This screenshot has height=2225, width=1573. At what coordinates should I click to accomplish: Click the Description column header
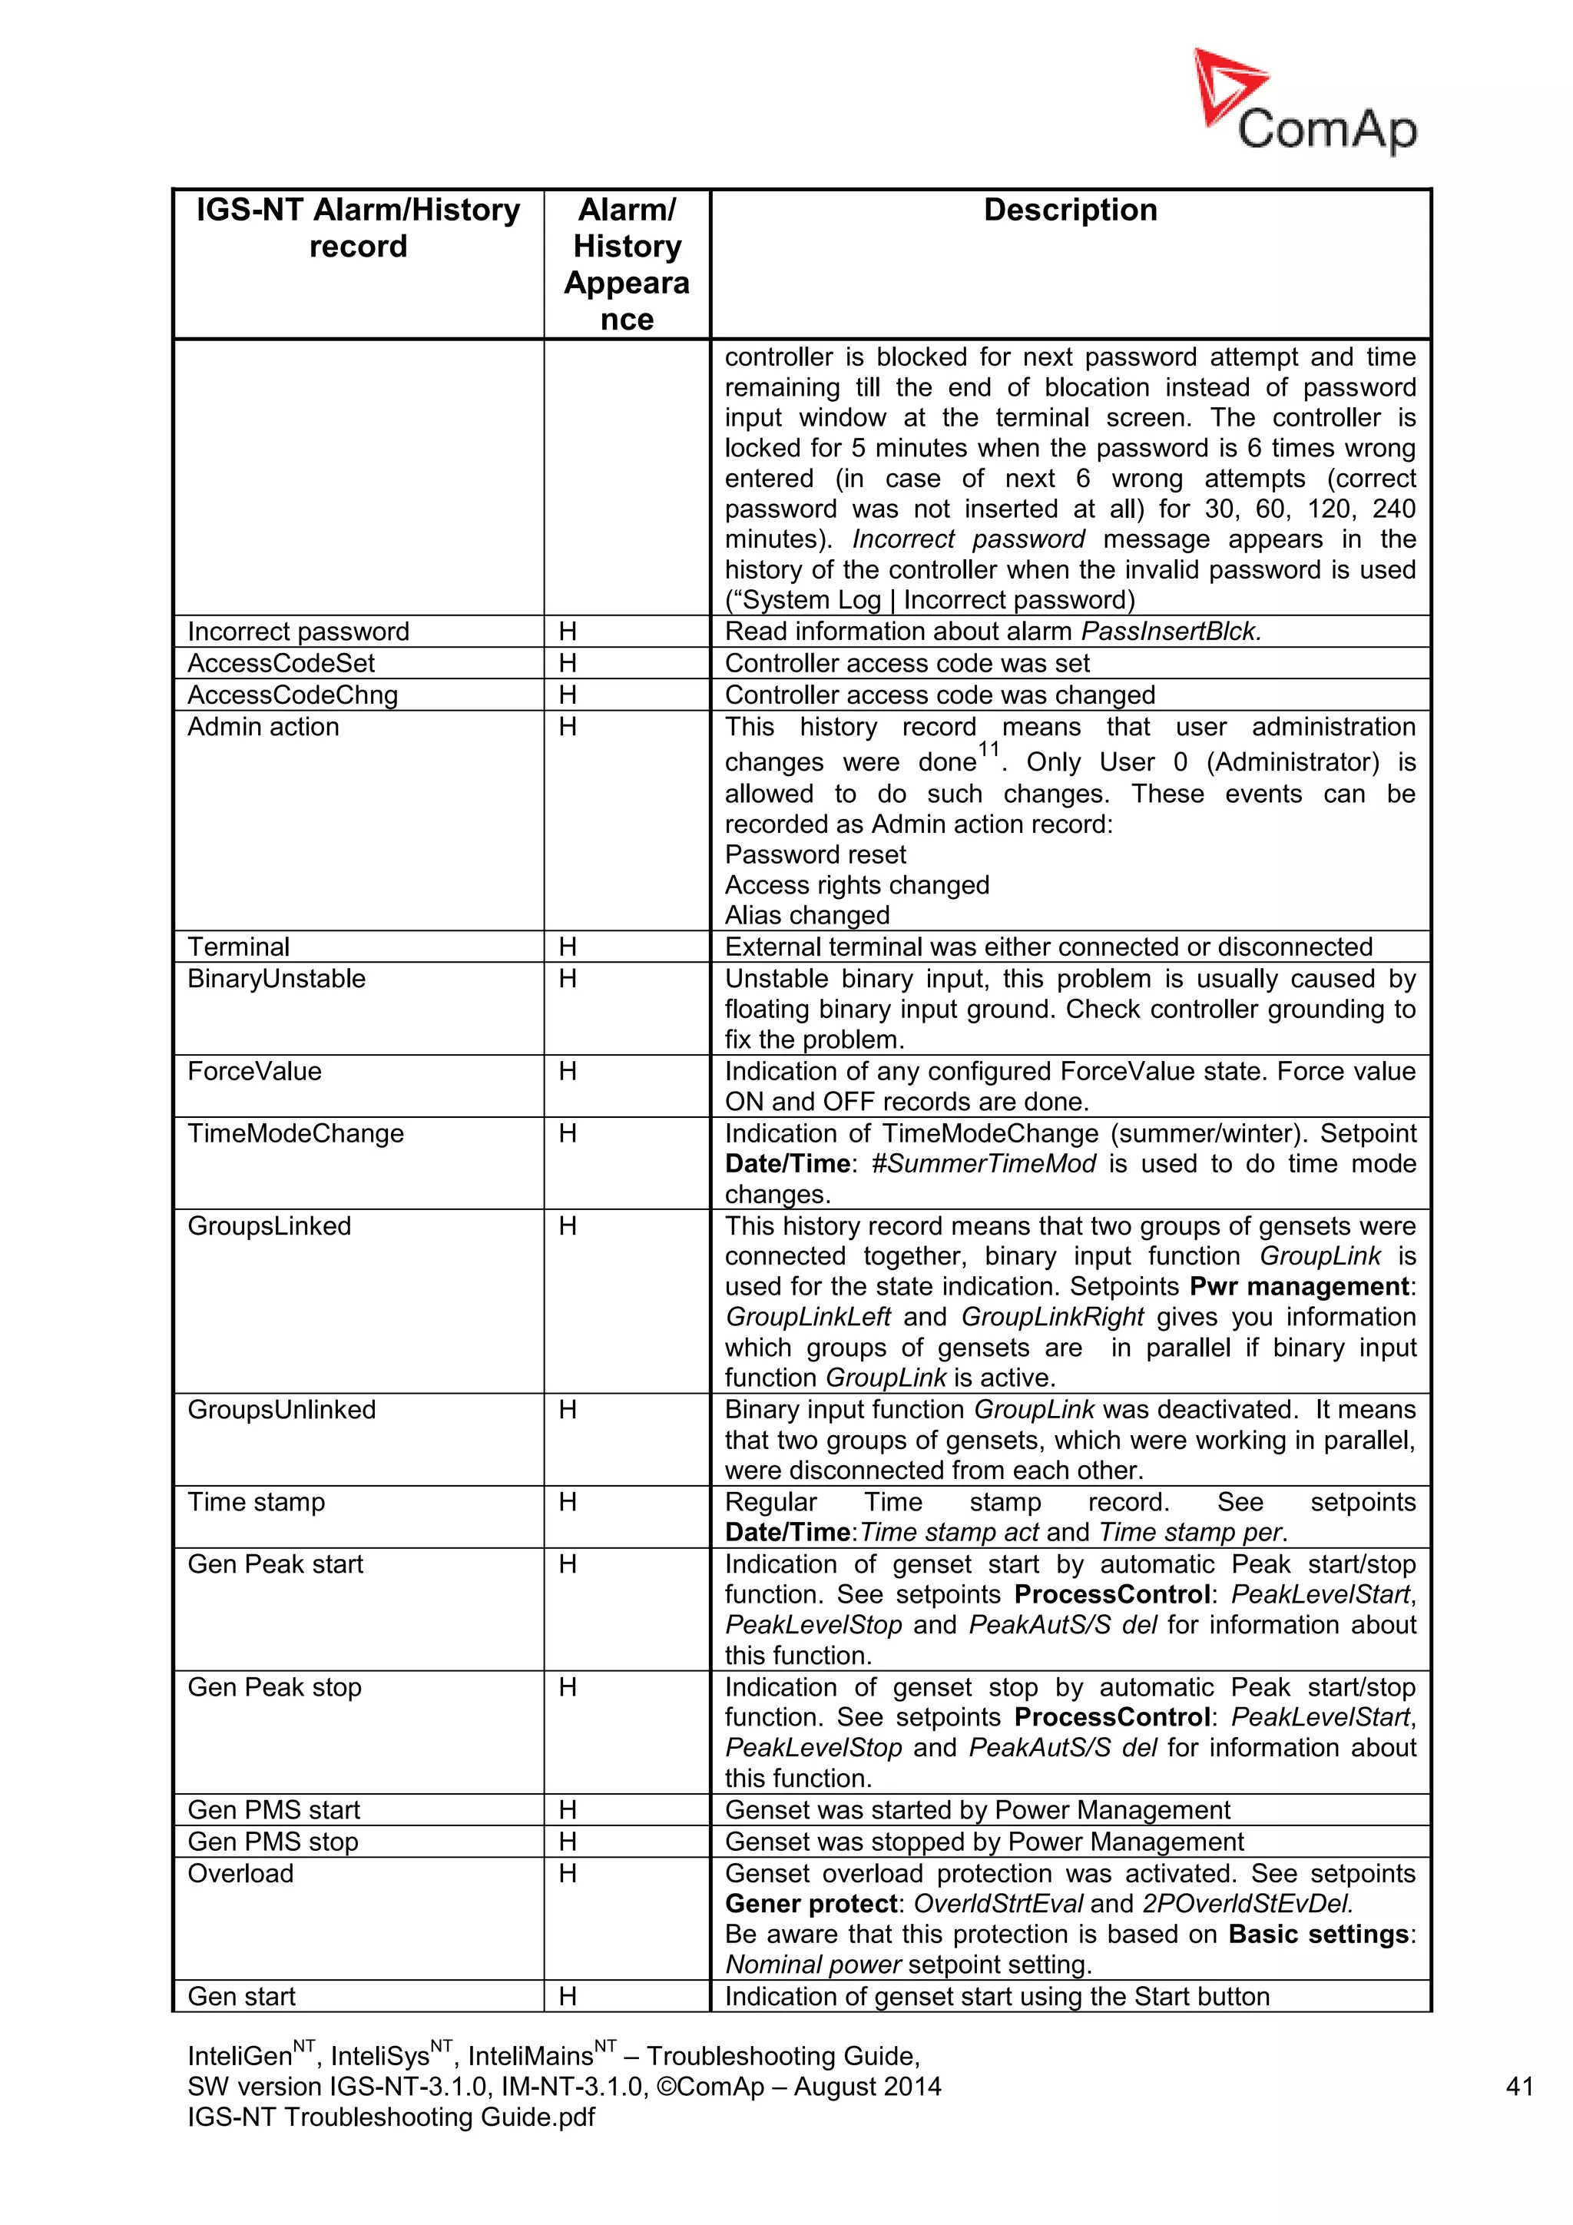click(1069, 211)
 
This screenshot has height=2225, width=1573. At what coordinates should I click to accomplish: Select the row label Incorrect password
click(298, 632)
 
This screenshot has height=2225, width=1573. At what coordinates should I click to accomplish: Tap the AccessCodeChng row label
click(293, 695)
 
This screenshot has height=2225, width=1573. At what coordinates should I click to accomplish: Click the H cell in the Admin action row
click(568, 727)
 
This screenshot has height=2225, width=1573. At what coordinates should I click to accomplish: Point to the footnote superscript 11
click(988, 749)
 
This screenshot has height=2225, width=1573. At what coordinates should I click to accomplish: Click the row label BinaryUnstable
click(276, 979)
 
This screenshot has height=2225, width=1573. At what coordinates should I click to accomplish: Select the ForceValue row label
click(253, 1071)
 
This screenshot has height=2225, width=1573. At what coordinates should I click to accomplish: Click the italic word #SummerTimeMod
click(984, 1164)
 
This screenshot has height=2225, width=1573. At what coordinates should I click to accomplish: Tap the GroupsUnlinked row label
click(281, 1409)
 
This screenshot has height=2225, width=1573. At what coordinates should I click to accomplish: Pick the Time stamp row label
click(256, 1502)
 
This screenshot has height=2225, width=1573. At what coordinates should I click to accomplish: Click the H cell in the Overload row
click(568, 1873)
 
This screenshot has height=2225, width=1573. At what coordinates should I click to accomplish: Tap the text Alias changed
click(806, 915)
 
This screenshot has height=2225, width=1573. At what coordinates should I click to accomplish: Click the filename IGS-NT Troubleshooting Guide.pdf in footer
click(390, 2117)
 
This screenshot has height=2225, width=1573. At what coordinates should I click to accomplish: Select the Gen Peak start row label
click(275, 1564)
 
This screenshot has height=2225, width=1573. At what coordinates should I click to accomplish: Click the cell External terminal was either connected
click(1048, 947)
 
